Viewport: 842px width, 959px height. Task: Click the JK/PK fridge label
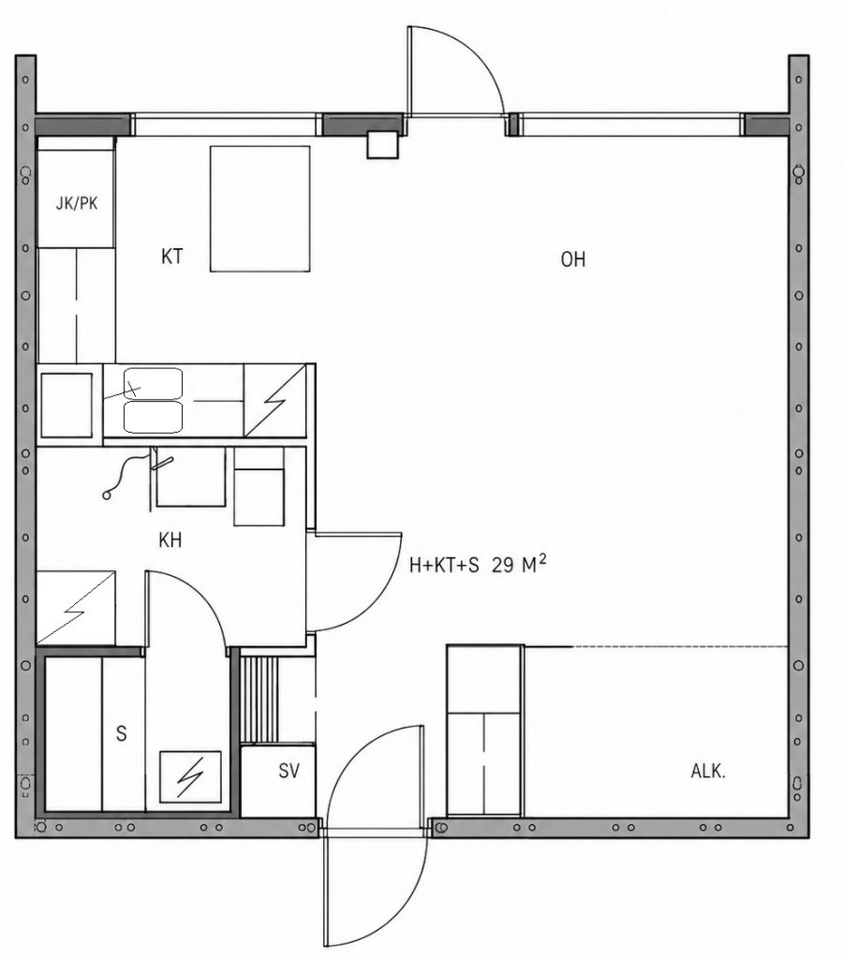pyautogui.click(x=77, y=203)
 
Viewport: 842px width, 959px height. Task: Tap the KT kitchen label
pyautogui.click(x=171, y=257)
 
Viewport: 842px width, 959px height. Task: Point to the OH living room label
pyautogui.click(x=573, y=259)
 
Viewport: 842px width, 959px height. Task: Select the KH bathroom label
pyautogui.click(x=170, y=540)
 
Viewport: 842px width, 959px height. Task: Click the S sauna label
pyautogui.click(x=122, y=732)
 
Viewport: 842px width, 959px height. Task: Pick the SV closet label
pyautogui.click(x=288, y=771)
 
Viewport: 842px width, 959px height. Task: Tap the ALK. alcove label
pyautogui.click(x=708, y=772)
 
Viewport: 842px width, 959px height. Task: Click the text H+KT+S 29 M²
pyautogui.click(x=478, y=565)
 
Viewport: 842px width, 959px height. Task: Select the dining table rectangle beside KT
pyautogui.click(x=259, y=209)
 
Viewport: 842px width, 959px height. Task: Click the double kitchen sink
pyautogui.click(x=153, y=401)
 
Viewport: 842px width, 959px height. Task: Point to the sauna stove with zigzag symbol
pyautogui.click(x=190, y=776)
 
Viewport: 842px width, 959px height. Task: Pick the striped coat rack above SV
pyautogui.click(x=259, y=699)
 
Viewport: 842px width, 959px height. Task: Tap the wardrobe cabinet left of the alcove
pyautogui.click(x=485, y=730)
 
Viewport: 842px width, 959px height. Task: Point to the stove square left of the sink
pyautogui.click(x=66, y=405)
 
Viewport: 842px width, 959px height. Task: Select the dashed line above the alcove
pyautogui.click(x=680, y=646)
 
